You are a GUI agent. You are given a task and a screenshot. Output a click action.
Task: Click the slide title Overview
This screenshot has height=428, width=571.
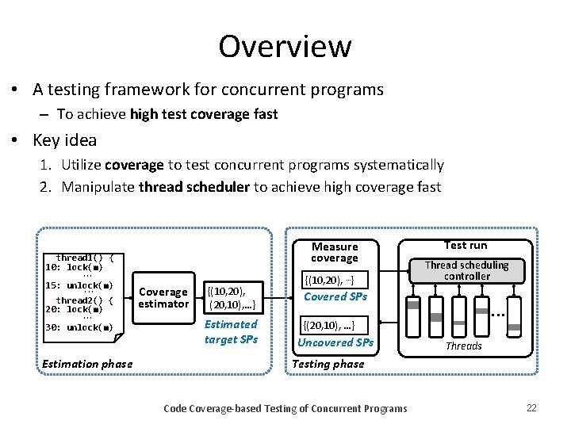[x=285, y=46]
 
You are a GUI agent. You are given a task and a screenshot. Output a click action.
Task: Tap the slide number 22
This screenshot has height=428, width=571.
[x=531, y=407]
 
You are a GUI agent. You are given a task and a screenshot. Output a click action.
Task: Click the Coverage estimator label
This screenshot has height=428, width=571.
[x=163, y=298]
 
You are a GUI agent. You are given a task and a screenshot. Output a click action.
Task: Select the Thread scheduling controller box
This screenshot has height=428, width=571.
[x=467, y=270]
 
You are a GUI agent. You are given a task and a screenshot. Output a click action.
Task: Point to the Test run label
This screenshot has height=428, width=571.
[x=466, y=245]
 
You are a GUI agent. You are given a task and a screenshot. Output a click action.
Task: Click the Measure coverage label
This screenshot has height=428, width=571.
[x=334, y=252]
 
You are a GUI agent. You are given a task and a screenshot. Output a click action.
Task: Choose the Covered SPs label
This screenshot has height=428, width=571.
[x=336, y=296]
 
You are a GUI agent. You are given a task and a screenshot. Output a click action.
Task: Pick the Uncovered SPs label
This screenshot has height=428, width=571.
[x=335, y=342]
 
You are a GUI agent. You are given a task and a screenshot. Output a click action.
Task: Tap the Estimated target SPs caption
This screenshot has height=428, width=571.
[x=231, y=331]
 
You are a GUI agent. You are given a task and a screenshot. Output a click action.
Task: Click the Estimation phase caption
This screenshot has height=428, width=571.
[x=88, y=364]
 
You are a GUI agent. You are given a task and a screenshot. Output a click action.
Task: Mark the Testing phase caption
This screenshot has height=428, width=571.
[x=328, y=364]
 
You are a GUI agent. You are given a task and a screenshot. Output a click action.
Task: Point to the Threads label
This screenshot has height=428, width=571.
[x=463, y=346]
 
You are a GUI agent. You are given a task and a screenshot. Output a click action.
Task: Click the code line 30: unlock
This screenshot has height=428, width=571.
[x=79, y=327]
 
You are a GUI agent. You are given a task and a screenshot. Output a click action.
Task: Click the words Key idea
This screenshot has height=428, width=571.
[x=65, y=140]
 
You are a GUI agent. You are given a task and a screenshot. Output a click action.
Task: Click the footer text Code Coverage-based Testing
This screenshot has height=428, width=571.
[x=285, y=408]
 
